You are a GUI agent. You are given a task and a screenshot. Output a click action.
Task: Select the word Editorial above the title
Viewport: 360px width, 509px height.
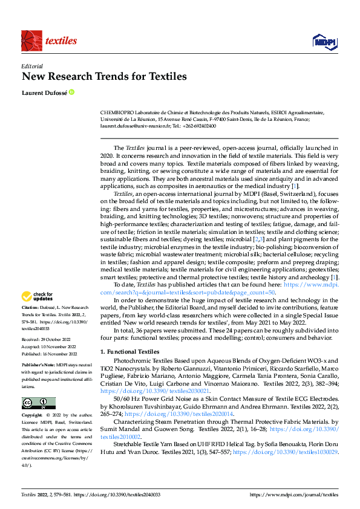pos(32,66)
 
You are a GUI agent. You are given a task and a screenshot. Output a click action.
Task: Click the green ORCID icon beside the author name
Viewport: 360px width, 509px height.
pos(72,92)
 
